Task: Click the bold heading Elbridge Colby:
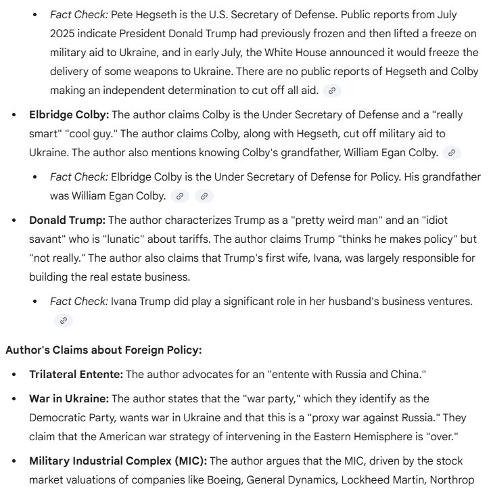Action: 66,115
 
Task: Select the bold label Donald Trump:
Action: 67,220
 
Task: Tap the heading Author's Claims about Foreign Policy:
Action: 103,350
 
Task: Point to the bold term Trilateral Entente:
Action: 76,374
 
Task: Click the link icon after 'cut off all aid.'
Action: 331,91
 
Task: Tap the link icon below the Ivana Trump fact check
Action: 63,321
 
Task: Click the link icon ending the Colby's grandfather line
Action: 452,153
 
